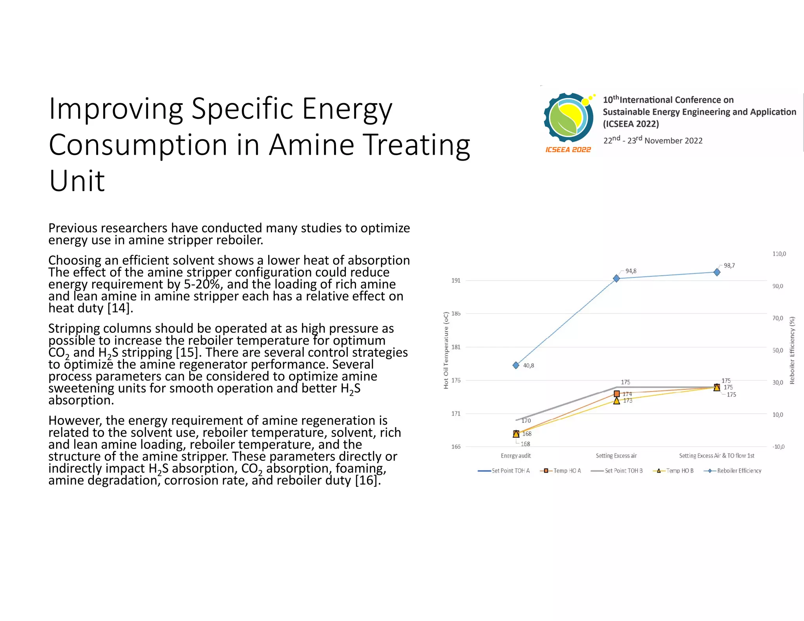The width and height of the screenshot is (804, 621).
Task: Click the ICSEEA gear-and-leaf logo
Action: coord(568,117)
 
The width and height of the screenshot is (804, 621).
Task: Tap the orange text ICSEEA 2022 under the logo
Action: coord(568,150)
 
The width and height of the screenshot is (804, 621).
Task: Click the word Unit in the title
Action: coord(77,181)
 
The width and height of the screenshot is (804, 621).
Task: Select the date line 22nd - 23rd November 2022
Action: coord(652,140)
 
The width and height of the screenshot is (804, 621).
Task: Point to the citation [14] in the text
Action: coord(120,308)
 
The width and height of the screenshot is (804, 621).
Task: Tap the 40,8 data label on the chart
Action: coord(528,365)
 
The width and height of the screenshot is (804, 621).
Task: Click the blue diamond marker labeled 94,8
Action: coord(616,278)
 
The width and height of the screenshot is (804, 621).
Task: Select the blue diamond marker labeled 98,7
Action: coord(717,272)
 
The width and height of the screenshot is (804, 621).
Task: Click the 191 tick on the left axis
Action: coord(456,281)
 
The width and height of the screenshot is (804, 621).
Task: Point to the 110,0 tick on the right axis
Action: coord(779,254)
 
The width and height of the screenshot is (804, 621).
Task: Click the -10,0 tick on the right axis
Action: coord(778,447)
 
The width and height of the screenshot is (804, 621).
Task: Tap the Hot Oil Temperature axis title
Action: coord(446,350)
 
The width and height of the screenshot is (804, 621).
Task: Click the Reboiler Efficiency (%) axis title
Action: coord(792,350)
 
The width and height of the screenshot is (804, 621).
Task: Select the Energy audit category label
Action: coord(515,456)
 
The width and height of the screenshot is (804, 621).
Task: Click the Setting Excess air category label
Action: coord(616,456)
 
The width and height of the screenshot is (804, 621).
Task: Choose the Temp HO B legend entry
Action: coord(673,471)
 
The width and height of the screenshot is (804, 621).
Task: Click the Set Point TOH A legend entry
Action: coord(504,471)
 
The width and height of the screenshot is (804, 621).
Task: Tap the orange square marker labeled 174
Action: coord(617,394)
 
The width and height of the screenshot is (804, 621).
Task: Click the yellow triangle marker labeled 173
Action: coord(617,401)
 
